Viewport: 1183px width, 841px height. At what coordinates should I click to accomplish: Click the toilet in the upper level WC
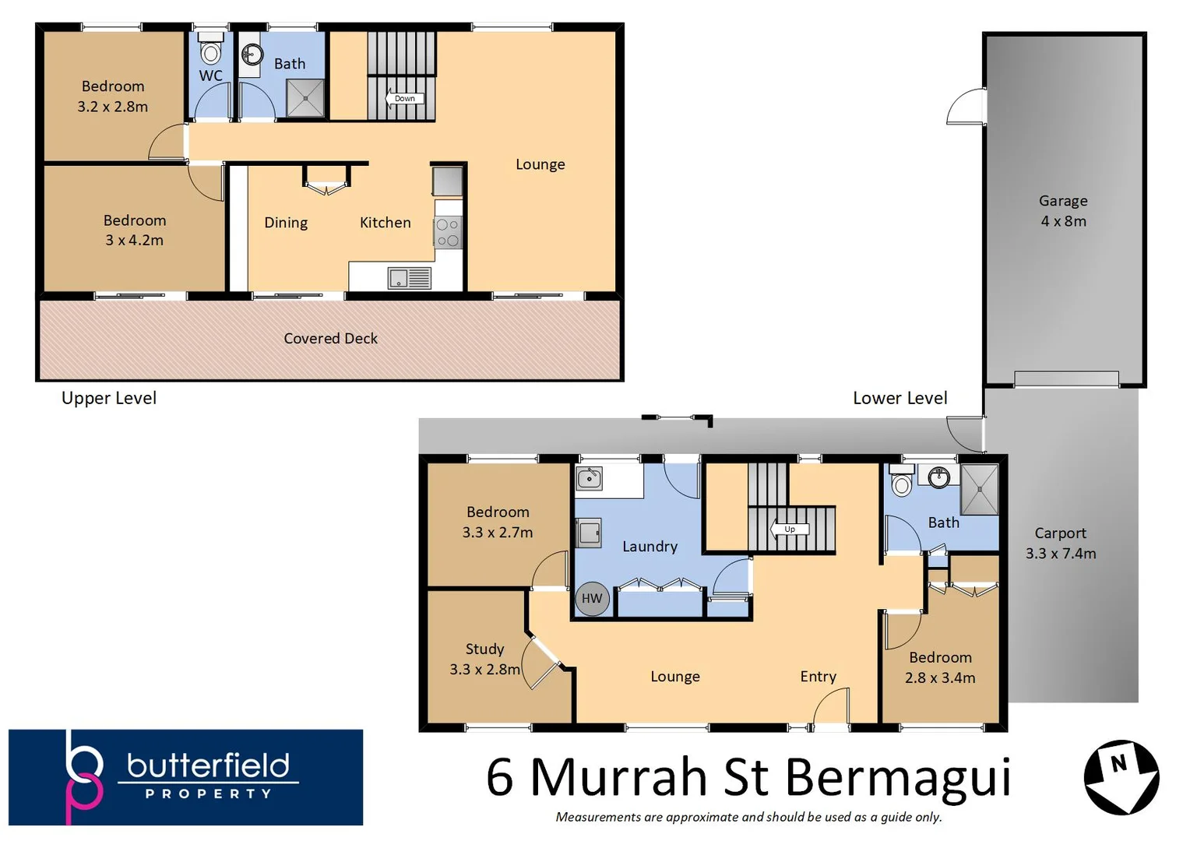[x=211, y=50]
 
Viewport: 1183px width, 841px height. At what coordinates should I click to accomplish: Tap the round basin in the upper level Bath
[x=252, y=55]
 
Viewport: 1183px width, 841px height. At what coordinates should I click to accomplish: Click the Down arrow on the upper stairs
[x=404, y=99]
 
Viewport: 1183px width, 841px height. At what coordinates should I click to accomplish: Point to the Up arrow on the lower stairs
[x=789, y=530]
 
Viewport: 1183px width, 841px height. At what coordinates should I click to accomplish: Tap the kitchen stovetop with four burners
[x=448, y=233]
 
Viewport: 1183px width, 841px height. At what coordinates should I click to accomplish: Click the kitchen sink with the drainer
[x=409, y=278]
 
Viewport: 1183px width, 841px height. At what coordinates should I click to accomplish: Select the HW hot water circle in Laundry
[x=592, y=599]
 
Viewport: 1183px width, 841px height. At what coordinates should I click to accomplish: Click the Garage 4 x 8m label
[x=1063, y=211]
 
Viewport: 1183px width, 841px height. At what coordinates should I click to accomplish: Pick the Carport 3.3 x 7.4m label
[x=1060, y=544]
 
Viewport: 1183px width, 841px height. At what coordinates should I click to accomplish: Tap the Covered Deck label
[x=330, y=339]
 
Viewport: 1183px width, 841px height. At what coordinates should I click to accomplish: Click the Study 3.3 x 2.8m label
[x=484, y=660]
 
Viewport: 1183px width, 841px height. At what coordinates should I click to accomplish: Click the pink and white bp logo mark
[x=84, y=777]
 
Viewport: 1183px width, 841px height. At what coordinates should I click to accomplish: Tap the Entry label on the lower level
[x=818, y=677]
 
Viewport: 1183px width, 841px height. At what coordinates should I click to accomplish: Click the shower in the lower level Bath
[x=979, y=490]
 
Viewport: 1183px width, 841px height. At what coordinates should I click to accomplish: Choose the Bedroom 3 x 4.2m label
[x=135, y=230]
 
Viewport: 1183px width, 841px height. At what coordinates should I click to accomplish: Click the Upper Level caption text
[x=109, y=399]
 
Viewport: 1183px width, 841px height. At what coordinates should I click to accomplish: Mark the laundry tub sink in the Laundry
[x=589, y=478]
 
